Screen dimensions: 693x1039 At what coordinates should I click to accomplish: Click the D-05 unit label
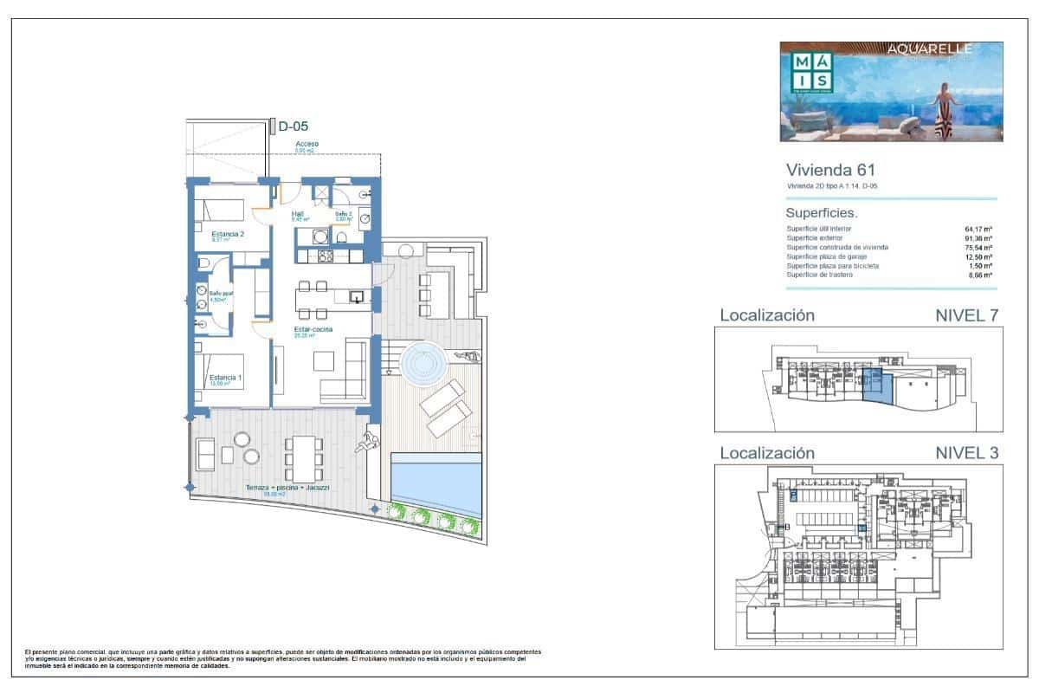293,126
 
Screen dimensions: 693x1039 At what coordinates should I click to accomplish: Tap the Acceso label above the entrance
307,144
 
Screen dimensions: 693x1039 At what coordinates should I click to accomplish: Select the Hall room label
298,214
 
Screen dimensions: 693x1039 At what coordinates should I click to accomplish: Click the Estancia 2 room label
228,234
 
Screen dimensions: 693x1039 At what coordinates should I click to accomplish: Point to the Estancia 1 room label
225,378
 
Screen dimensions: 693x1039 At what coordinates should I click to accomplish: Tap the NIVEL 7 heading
967,315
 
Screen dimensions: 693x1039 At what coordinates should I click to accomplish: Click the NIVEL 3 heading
967,452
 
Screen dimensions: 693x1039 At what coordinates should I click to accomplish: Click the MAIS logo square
812,71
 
